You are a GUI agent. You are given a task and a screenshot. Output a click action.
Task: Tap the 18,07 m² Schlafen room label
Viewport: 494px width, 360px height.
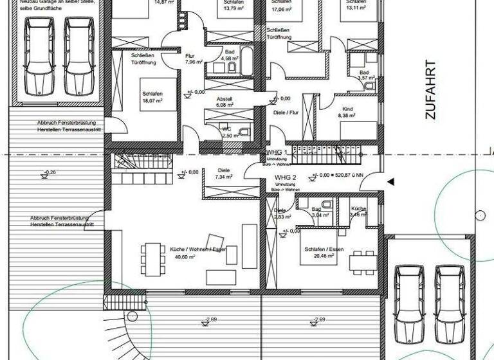(152, 97)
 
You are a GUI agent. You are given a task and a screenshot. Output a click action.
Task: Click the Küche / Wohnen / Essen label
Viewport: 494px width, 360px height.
(185, 249)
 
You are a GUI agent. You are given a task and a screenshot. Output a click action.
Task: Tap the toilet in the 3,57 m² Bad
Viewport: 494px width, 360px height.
(369, 85)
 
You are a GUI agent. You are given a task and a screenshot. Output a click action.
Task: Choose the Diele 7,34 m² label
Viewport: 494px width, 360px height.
(223, 173)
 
